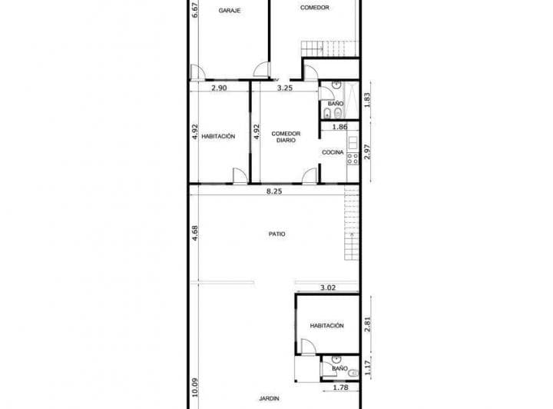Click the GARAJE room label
pos(230,11)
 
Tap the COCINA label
pos(333,152)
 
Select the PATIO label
pos(276,234)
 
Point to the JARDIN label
pos(269,398)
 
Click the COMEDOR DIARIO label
pos(286,137)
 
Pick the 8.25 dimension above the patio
pos(274,191)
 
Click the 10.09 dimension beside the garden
pos(194,387)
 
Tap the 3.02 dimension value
pos(328,288)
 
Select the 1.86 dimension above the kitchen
pos(340,127)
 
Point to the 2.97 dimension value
pos(367,151)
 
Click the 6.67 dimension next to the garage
pos(194,11)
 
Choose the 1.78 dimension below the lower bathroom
pos(341,387)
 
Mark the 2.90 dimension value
pos(219,88)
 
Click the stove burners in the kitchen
pos(353,159)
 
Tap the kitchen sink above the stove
pos(353,142)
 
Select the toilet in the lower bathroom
pos(353,373)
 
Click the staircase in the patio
pos(352,224)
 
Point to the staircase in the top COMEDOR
pos(329,48)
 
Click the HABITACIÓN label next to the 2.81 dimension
pos(326,325)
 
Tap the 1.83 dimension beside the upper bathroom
pos(367,100)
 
